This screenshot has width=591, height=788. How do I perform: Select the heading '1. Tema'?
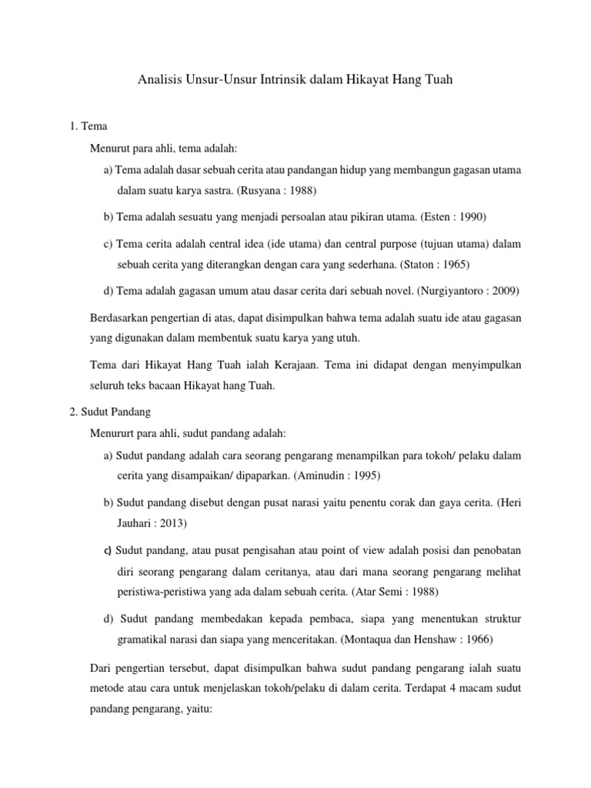click(x=88, y=125)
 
